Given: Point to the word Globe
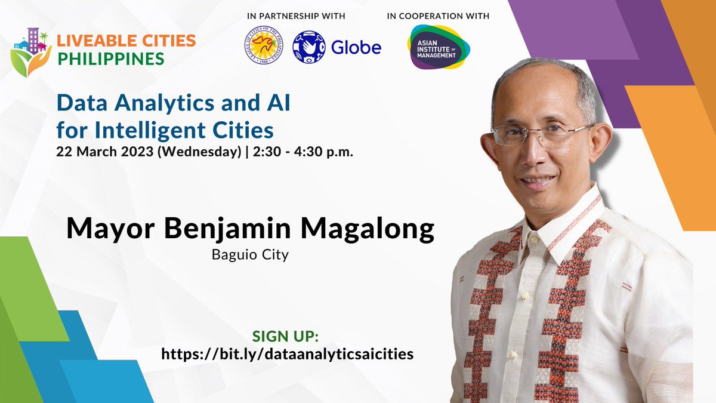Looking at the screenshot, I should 356,47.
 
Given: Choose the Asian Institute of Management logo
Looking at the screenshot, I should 437,48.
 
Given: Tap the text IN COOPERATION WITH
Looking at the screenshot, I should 438,16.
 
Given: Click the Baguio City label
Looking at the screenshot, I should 250,255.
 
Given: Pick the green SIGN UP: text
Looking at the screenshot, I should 287,335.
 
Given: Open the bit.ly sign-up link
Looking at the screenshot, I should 287,353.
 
